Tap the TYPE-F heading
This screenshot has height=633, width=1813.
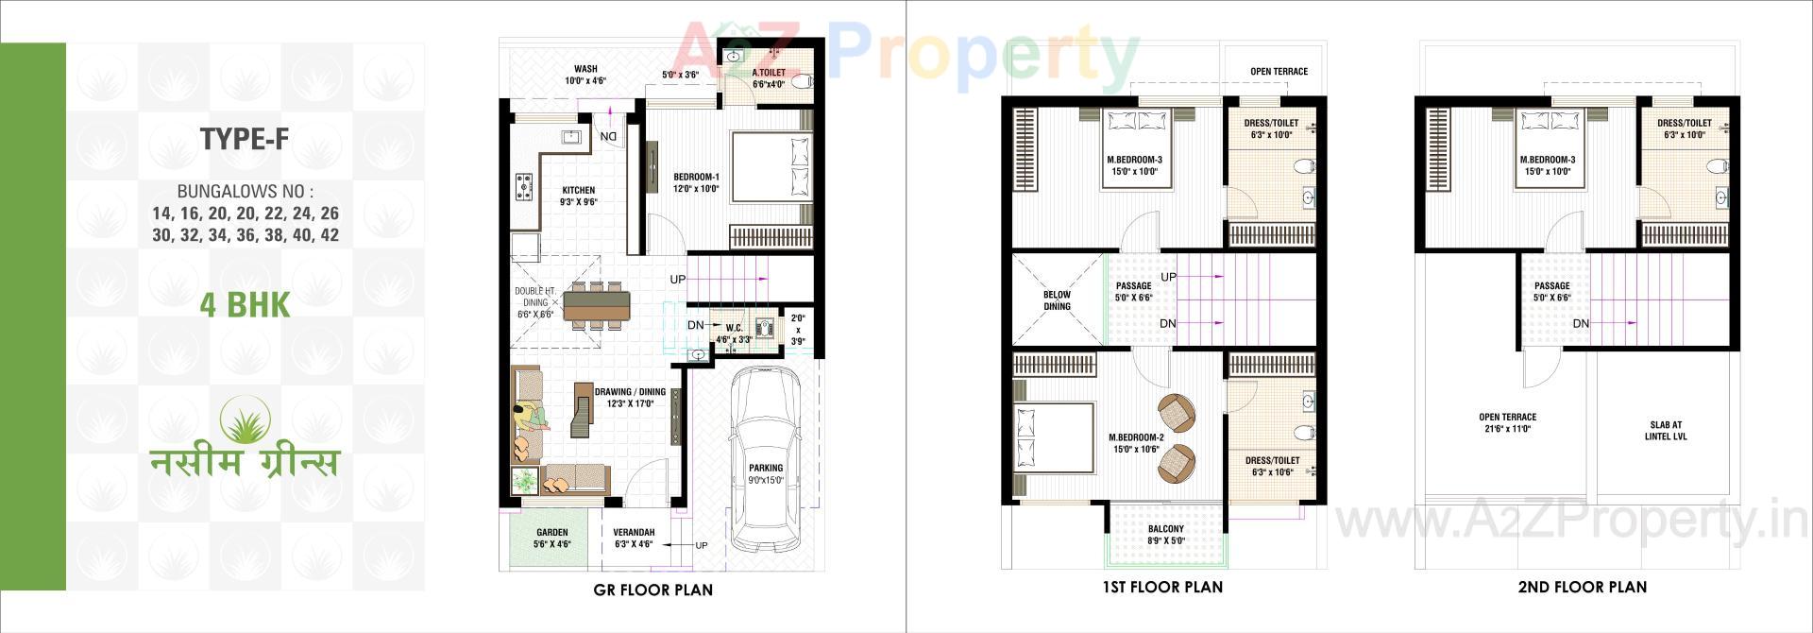pyautogui.click(x=245, y=140)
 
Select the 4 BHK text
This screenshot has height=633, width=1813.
pyautogui.click(x=245, y=305)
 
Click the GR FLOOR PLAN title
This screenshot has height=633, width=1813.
pyautogui.click(x=652, y=590)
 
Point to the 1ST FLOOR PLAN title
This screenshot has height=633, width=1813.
pyautogui.click(x=1162, y=587)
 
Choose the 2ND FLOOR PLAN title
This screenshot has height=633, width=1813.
pyautogui.click(x=1582, y=587)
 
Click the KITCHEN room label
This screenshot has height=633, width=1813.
pyautogui.click(x=578, y=190)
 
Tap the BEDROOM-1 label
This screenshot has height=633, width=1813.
pyautogui.click(x=696, y=177)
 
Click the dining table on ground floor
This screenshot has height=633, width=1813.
pyautogui.click(x=597, y=305)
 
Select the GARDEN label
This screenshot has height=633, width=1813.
pyautogui.click(x=552, y=532)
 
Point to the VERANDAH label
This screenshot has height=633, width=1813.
pyautogui.click(x=634, y=532)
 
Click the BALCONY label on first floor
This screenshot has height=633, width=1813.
pyautogui.click(x=1166, y=529)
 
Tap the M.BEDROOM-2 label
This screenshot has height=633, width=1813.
pyautogui.click(x=1136, y=437)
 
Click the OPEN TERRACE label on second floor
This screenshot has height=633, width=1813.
pyautogui.click(x=1508, y=417)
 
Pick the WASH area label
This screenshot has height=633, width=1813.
pyautogui.click(x=585, y=69)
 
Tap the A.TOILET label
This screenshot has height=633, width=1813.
pyautogui.click(x=769, y=73)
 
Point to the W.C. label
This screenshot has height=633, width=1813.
pyautogui.click(x=734, y=328)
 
